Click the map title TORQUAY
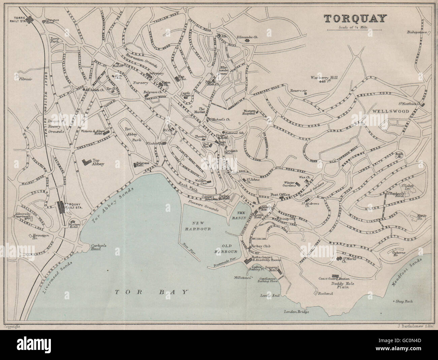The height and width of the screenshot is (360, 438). [x=355, y=19]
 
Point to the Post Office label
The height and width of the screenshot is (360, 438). [x=278, y=195]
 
